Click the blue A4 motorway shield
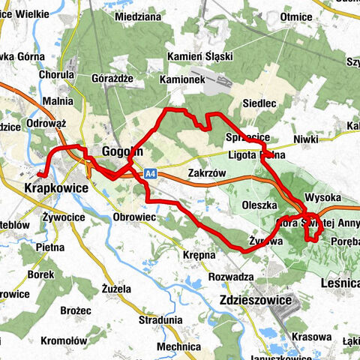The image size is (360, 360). coord(150,173)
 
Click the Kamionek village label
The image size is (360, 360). coord(182,79)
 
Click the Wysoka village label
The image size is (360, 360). coord(323,197)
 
